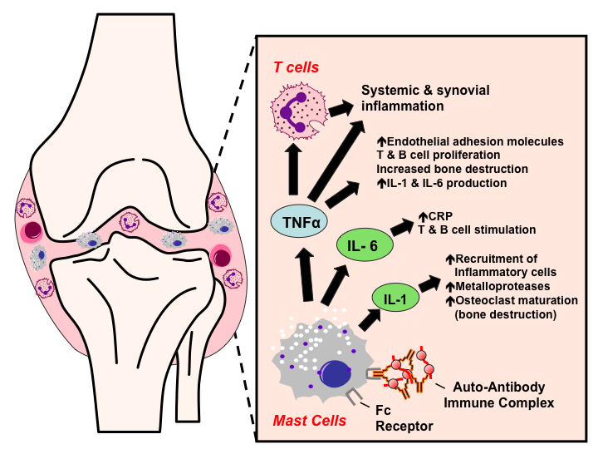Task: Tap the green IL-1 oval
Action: coord(394,297)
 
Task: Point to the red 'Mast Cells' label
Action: coord(307,422)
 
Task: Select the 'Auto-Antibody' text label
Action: coord(501,387)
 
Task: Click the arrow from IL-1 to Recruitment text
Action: coord(430,284)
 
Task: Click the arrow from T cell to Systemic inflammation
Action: coord(340,108)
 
